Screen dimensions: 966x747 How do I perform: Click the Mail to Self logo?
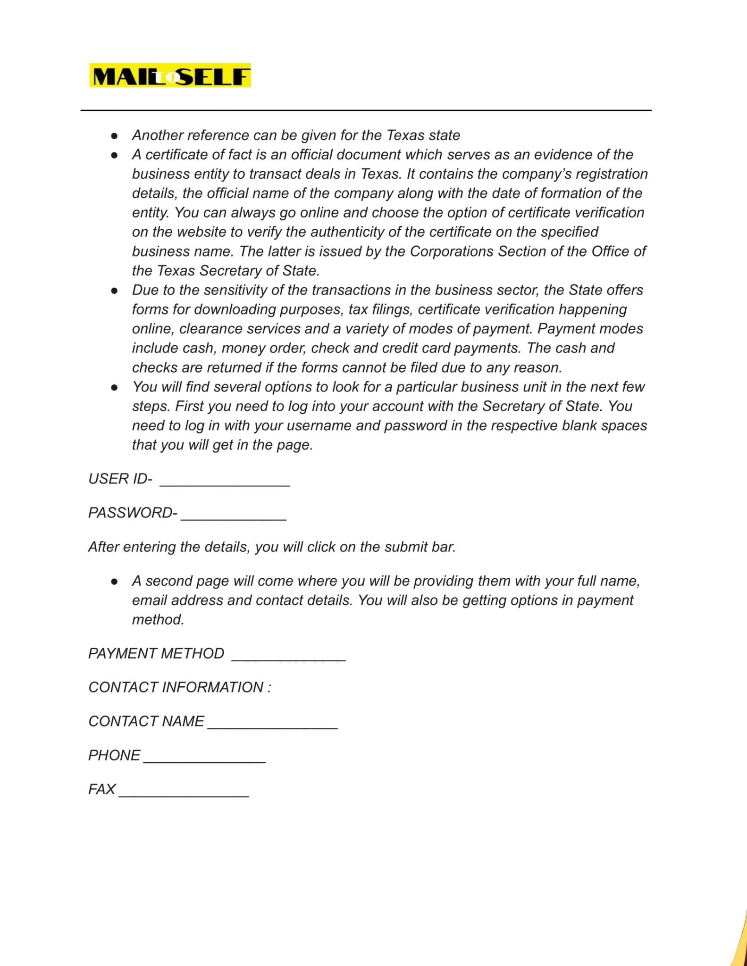tap(170, 76)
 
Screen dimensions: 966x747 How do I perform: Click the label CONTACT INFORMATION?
tap(180, 687)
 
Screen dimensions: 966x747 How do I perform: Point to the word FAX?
tap(102, 789)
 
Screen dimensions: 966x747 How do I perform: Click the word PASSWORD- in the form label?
tap(133, 513)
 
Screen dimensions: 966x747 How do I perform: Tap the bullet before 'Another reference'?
tap(114, 136)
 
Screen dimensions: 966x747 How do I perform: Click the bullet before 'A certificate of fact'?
tap(114, 155)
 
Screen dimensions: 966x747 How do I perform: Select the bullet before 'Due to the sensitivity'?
tap(114, 291)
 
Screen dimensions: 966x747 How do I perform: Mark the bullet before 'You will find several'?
tap(114, 387)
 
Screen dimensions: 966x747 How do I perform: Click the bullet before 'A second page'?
tap(114, 582)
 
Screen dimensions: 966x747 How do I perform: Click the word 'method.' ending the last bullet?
tap(158, 619)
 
